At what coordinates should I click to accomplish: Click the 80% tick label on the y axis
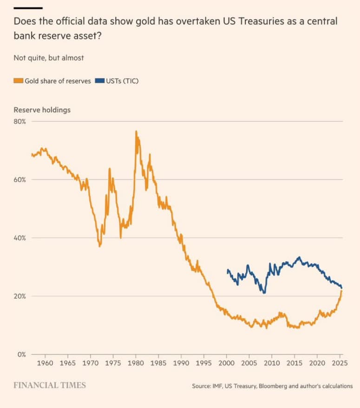tap(20, 121)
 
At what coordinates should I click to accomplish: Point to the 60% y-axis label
tap(20, 180)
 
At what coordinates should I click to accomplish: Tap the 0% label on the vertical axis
tap(21, 355)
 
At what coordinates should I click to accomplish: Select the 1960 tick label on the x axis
tap(45, 363)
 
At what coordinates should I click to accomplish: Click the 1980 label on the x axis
tap(136, 363)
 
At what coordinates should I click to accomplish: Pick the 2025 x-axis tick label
tap(340, 363)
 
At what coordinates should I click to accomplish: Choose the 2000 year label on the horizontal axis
tap(226, 363)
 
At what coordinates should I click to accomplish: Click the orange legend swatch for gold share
tap(19, 81)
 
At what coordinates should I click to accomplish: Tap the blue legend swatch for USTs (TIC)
tap(99, 81)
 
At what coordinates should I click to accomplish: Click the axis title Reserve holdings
tap(42, 110)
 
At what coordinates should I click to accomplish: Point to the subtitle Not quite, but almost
tap(49, 58)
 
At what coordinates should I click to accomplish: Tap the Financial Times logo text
tap(50, 385)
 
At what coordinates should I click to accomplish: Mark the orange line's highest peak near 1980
tap(136, 131)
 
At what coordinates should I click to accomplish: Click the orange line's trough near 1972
tap(99, 246)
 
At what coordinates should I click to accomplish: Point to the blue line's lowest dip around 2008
tap(264, 293)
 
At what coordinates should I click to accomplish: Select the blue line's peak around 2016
tap(300, 257)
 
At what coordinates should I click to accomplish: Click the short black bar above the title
tap(28, 8)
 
